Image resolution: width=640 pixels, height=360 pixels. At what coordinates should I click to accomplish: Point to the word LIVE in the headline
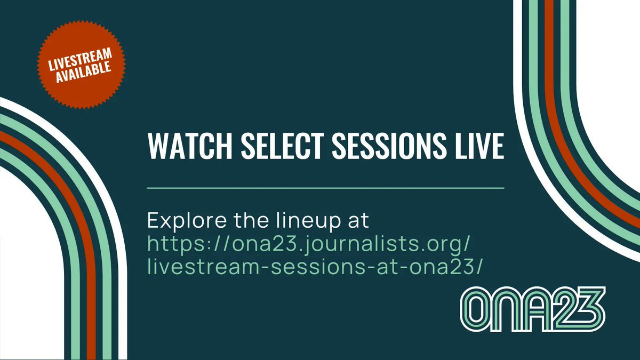476,146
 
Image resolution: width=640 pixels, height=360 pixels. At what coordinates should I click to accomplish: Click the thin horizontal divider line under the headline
325,188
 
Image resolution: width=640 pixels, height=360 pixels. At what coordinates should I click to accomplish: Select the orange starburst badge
79,65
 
